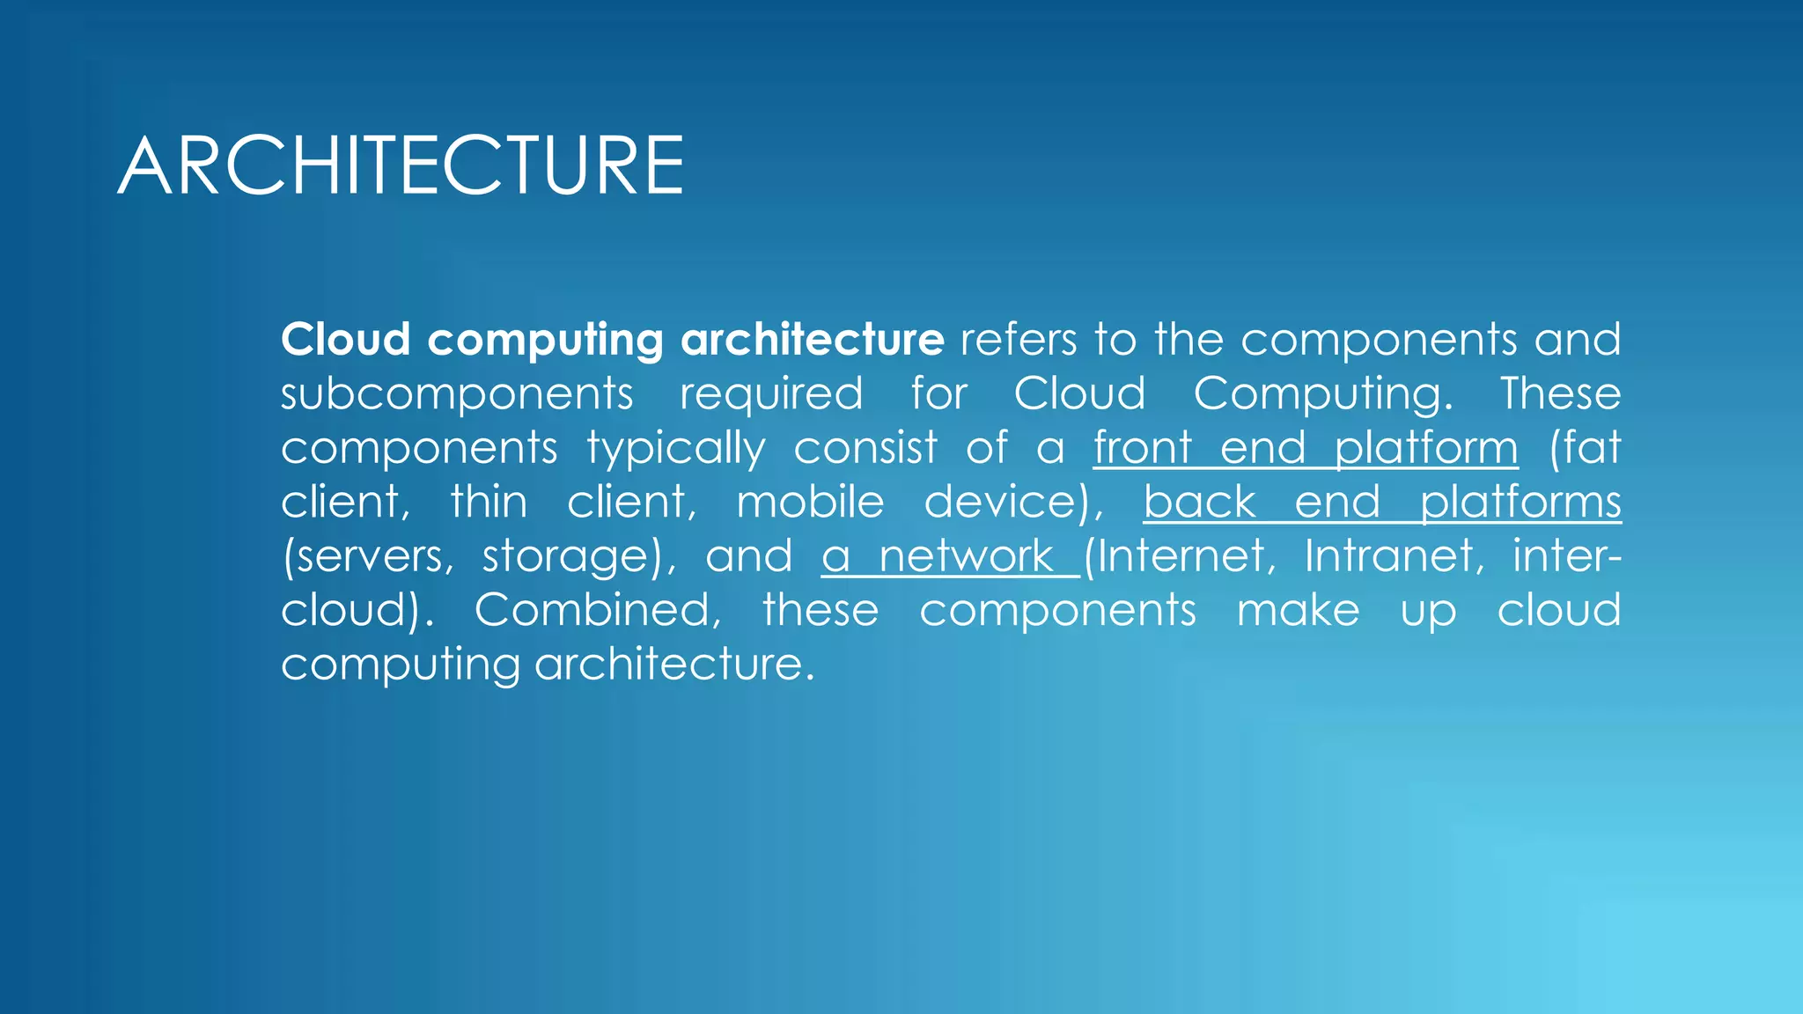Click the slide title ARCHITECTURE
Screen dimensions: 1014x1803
(401, 165)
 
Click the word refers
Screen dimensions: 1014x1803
(1018, 340)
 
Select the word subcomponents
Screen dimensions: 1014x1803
(457, 394)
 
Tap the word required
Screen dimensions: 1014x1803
(771, 394)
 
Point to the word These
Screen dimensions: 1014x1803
(1560, 393)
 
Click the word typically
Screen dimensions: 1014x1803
(676, 449)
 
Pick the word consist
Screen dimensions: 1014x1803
(865, 447)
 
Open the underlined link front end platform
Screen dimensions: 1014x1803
(1306, 448)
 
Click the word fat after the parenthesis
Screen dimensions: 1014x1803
(1592, 447)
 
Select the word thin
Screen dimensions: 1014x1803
(489, 502)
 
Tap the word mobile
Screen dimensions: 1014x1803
(810, 502)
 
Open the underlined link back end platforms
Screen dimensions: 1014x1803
(1382, 503)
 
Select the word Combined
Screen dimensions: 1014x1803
(597, 610)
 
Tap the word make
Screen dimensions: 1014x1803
(1298, 610)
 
